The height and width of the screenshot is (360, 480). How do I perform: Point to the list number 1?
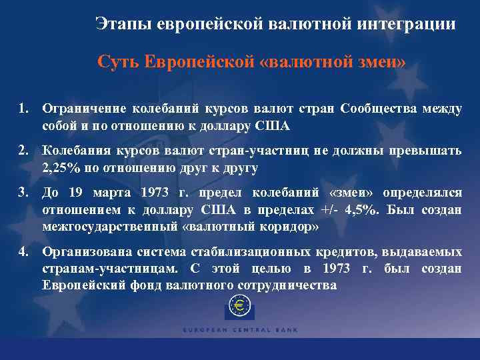pos(23,108)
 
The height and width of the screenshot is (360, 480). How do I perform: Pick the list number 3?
pos(23,193)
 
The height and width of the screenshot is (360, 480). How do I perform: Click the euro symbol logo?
pos(240,309)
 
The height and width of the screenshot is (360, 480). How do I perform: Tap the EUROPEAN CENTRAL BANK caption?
pos(240,329)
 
